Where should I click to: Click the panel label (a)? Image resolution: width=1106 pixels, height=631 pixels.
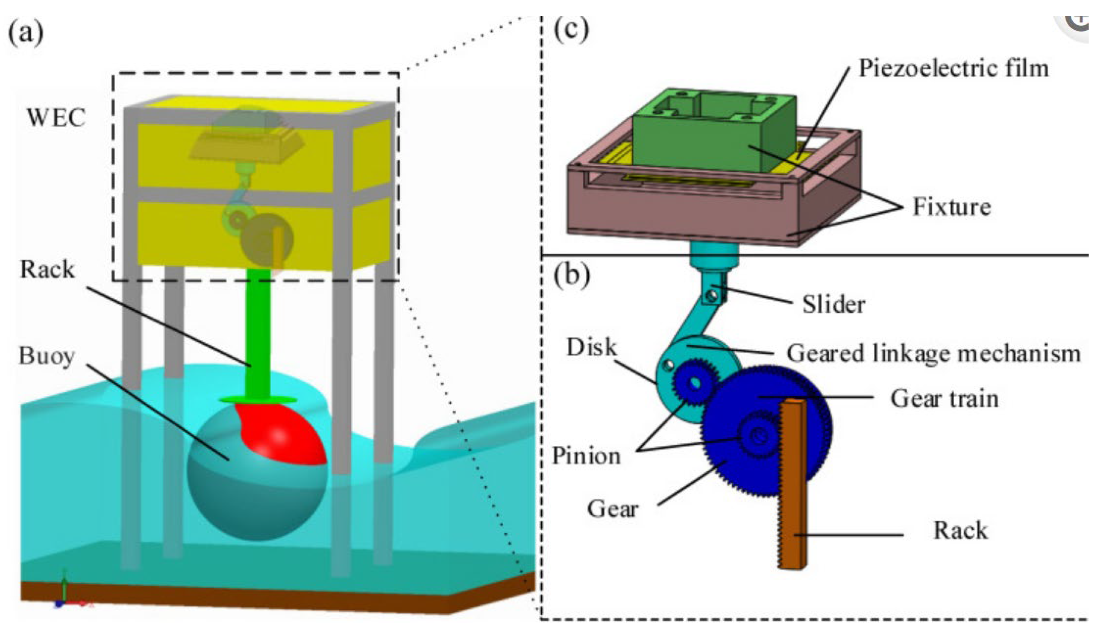click(x=26, y=33)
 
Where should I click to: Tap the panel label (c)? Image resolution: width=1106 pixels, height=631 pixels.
click(x=572, y=29)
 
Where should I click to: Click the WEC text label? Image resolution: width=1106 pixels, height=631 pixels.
click(x=56, y=118)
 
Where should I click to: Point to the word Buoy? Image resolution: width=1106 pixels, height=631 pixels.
click(x=46, y=357)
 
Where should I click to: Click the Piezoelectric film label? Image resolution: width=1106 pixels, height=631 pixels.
click(x=954, y=68)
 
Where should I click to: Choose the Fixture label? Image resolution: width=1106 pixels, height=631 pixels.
click(x=952, y=207)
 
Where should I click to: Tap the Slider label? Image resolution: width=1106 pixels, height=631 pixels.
click(x=834, y=304)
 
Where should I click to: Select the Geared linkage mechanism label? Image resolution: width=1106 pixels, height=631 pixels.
click(x=933, y=353)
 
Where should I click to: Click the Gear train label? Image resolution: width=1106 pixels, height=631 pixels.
click(x=945, y=398)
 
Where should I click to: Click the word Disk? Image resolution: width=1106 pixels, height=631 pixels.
click(x=591, y=347)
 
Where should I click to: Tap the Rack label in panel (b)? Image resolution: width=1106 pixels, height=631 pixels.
click(x=960, y=530)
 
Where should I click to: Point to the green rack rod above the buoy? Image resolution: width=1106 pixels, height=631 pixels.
click(x=258, y=329)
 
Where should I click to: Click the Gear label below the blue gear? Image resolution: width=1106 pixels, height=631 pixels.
click(x=612, y=508)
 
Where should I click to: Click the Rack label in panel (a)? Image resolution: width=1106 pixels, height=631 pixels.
click(x=47, y=269)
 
